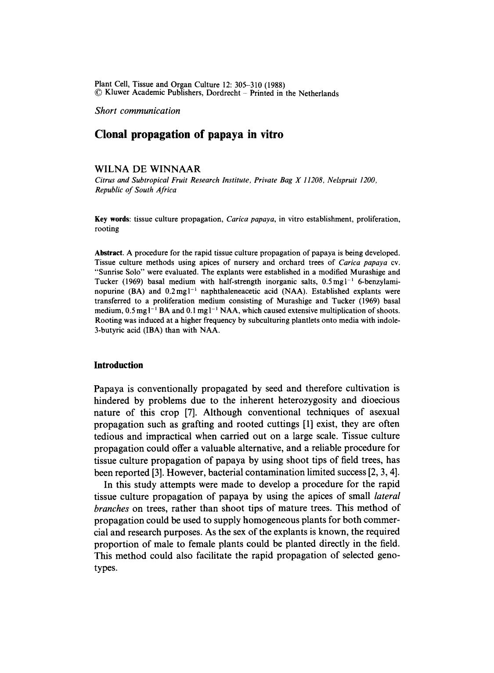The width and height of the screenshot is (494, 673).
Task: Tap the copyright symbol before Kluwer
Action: coord(98,93)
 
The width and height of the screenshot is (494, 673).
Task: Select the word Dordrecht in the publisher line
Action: coord(224,93)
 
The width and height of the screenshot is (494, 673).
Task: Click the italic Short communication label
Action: coord(137,111)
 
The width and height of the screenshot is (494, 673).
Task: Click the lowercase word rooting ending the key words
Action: coord(107,228)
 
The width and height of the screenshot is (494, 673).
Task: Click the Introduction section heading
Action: coord(119,365)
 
